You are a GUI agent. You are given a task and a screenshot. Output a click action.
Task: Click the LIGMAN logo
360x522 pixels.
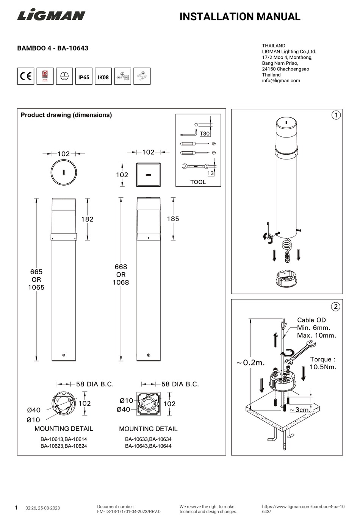click(x=51, y=16)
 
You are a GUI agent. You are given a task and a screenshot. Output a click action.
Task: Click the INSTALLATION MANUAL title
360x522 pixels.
click(x=239, y=17)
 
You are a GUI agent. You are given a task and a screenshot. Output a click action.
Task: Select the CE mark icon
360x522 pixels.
click(x=26, y=77)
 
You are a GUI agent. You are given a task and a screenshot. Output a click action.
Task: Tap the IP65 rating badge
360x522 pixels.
click(x=84, y=77)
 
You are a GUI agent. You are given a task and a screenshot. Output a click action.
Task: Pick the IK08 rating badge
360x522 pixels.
click(x=103, y=77)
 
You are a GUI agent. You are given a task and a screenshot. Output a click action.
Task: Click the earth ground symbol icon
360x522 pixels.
click(x=64, y=77)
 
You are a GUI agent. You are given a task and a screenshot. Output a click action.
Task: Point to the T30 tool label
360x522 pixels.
click(x=204, y=134)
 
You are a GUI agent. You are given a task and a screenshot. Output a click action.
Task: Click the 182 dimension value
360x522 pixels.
click(x=87, y=219)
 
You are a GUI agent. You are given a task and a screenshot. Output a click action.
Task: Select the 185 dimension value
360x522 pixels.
click(x=173, y=219)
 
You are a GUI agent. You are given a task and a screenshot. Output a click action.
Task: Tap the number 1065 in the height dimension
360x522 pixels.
click(x=36, y=288)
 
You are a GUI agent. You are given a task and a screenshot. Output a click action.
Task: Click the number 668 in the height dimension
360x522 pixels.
click(x=121, y=267)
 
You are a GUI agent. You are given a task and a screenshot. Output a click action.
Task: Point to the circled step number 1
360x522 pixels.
click(x=336, y=115)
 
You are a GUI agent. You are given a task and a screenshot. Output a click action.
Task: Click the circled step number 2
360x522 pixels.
click(x=336, y=306)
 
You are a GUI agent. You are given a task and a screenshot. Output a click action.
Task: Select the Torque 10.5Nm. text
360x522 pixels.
click(x=323, y=363)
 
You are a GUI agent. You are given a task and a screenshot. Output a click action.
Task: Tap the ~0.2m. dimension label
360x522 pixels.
click(x=250, y=363)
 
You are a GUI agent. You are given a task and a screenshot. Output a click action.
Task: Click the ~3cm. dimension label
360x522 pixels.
click(x=300, y=410)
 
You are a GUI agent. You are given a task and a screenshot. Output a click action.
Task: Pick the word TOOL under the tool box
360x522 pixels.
click(x=198, y=182)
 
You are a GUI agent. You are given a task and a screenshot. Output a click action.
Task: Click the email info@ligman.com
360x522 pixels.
click(x=281, y=81)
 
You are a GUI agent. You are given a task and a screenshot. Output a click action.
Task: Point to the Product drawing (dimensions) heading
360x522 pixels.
click(x=66, y=115)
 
